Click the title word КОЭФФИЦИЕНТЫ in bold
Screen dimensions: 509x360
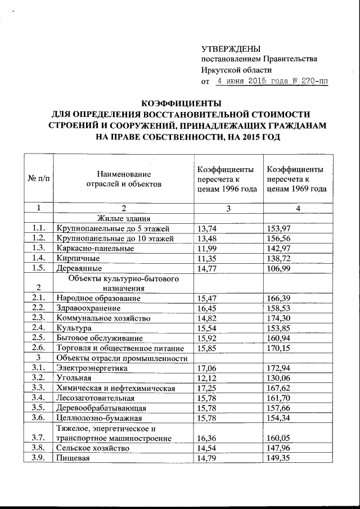[x=181, y=103]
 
